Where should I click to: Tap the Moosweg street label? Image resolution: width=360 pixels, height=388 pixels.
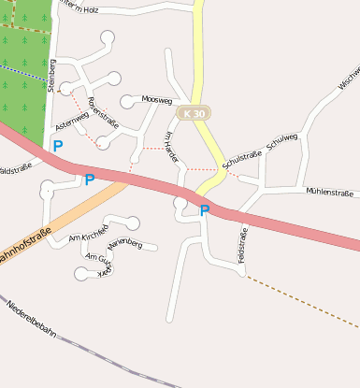coord(157,98)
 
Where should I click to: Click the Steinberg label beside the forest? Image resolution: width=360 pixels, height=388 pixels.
coord(52,75)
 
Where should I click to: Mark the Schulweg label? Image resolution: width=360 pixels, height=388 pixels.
coord(281,141)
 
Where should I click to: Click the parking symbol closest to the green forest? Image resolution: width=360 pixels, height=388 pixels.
coord(58,146)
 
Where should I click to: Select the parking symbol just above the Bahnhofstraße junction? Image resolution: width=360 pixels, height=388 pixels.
coord(90,180)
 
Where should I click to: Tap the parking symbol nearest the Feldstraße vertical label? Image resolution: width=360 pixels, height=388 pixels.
coord(205,210)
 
